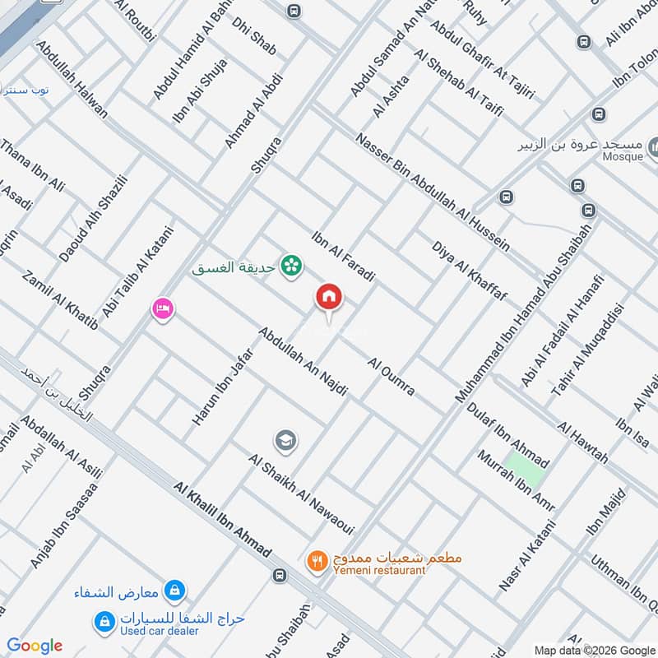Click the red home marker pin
tap(329, 298)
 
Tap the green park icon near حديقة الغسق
tap(290, 266)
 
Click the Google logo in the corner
tap(35, 646)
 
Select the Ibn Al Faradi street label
tap(343, 256)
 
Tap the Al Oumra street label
tap(392, 376)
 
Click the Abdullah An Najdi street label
tap(302, 363)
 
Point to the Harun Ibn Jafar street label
tap(222, 382)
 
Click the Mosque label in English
tap(622, 156)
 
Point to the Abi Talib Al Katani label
tap(137, 272)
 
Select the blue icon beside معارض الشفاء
tap(174, 590)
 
